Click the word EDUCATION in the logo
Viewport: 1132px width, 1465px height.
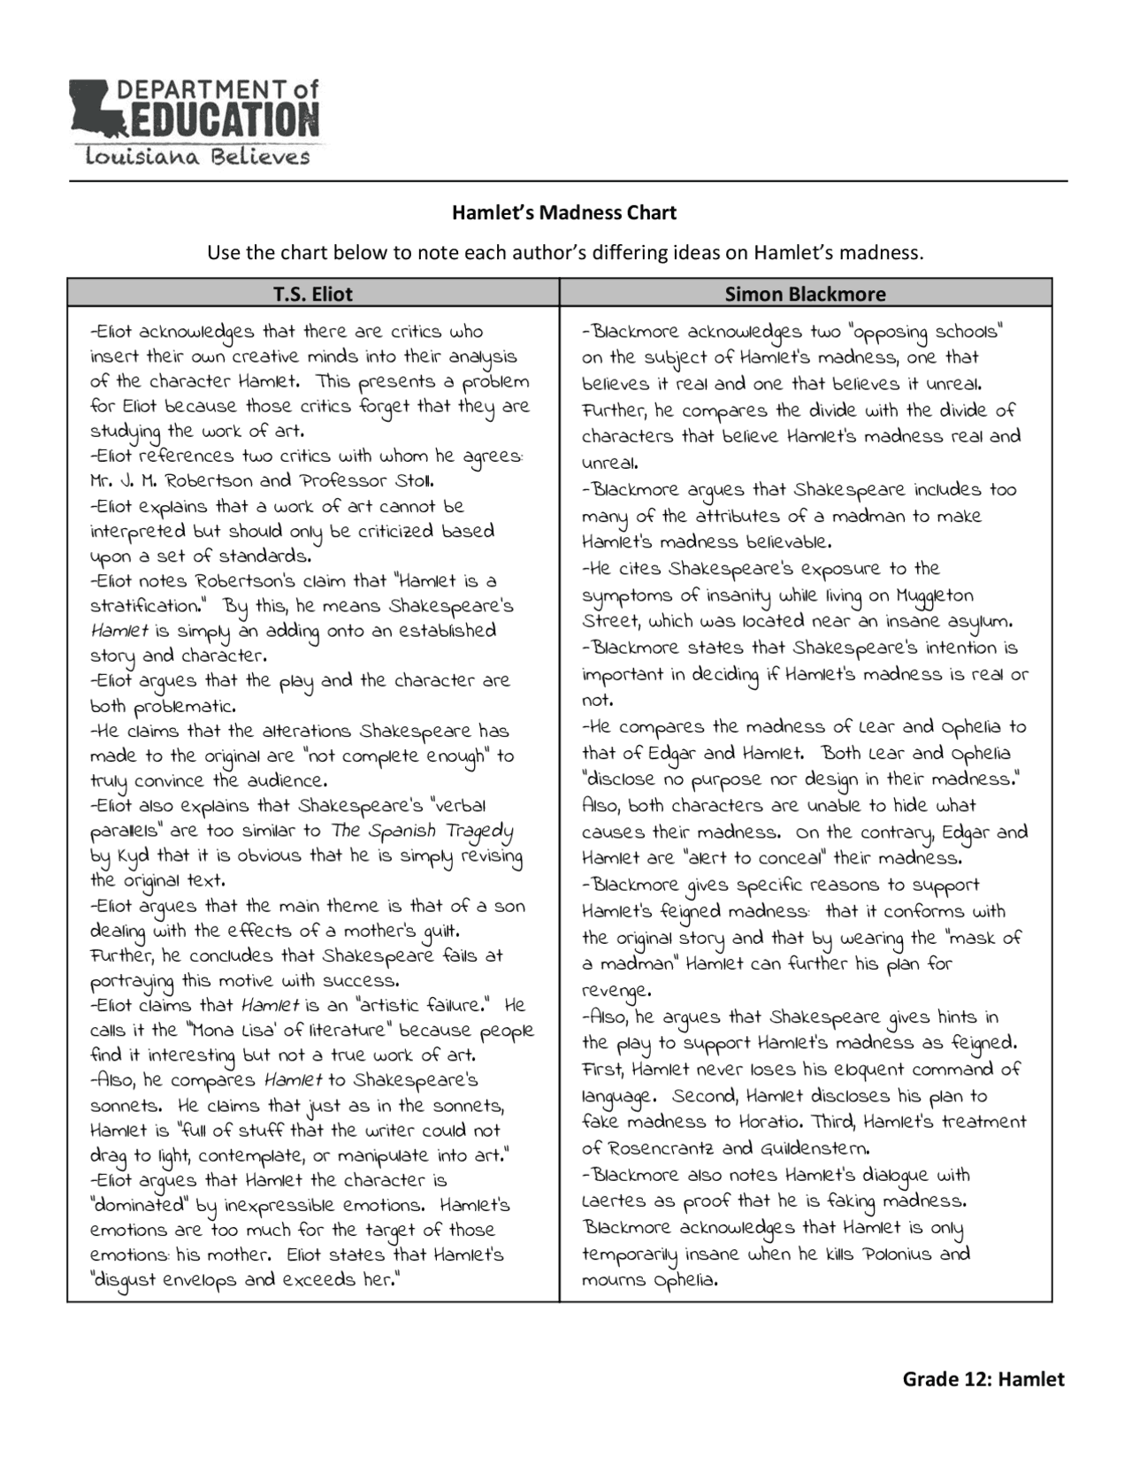point(218,119)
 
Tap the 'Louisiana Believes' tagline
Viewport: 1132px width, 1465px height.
point(197,157)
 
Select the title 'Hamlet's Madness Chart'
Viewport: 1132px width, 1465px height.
point(564,213)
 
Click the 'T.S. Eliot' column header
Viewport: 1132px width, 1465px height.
point(313,294)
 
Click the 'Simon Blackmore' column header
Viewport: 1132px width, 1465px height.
point(805,294)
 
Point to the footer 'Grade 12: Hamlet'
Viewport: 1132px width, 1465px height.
point(983,1379)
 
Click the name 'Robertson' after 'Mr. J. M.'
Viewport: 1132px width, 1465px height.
point(209,482)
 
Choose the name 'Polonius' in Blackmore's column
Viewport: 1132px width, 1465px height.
point(896,1254)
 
